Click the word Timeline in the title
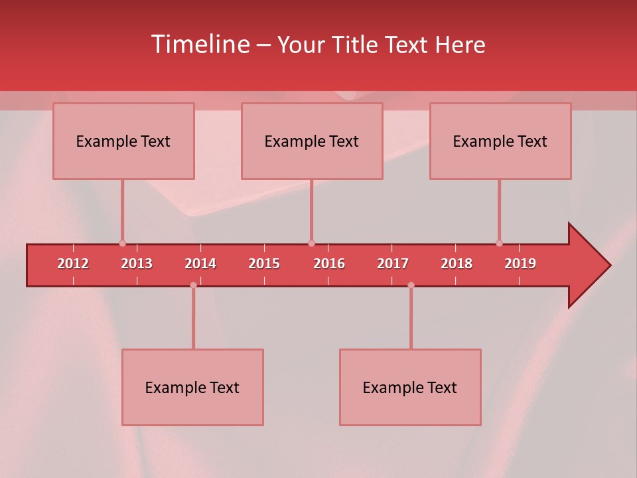tap(200, 44)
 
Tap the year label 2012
tap(73, 264)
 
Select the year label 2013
tap(137, 264)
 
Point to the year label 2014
tap(200, 264)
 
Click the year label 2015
tap(264, 264)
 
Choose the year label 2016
tap(329, 264)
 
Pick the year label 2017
tap(393, 264)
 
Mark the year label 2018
tap(457, 264)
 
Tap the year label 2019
tap(520, 264)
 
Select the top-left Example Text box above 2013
tap(123, 141)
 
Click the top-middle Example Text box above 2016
tap(312, 141)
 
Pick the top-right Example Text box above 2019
tap(500, 141)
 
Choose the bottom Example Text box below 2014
tap(192, 388)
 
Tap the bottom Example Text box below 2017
tap(410, 388)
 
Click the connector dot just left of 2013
tap(122, 243)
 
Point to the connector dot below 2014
tap(193, 285)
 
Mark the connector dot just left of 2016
tap(311, 243)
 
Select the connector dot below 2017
tap(411, 285)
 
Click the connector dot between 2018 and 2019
tap(499, 243)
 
